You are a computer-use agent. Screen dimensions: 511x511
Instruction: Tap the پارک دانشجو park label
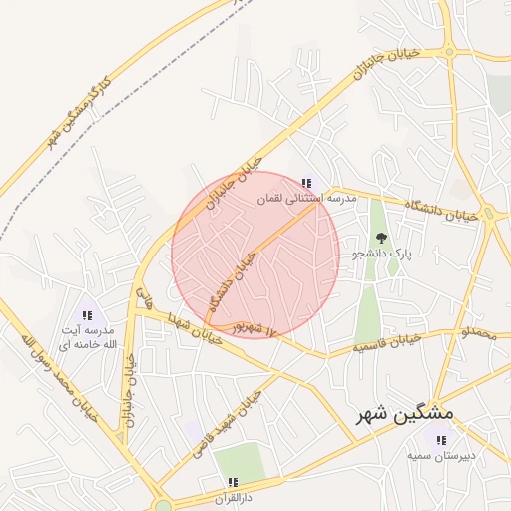tap(381, 255)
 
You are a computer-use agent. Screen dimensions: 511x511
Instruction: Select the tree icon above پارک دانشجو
tap(382, 238)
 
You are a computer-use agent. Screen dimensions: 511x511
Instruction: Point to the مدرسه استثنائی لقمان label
tap(306, 200)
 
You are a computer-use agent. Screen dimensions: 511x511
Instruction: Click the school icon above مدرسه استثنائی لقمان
tap(307, 183)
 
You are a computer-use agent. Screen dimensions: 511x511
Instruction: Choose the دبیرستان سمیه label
tap(440, 456)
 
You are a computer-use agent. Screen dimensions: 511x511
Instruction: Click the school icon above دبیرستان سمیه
tap(440, 438)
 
